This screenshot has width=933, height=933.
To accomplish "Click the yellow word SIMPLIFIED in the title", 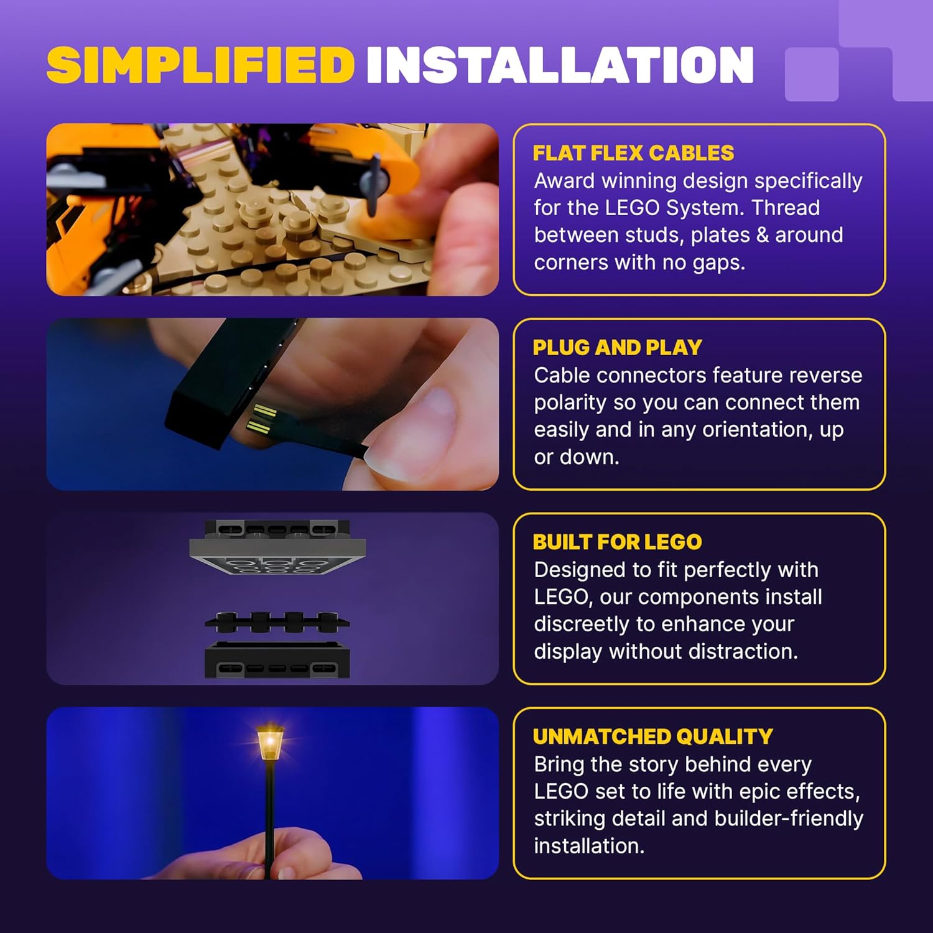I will [200, 65].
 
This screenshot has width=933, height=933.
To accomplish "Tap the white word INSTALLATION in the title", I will [560, 65].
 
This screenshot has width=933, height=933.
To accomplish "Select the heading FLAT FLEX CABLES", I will [633, 153].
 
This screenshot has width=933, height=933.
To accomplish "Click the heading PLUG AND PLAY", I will [617, 348].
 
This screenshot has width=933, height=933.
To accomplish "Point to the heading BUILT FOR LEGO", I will [617, 542].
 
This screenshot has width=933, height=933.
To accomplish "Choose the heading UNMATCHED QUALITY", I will [652, 736].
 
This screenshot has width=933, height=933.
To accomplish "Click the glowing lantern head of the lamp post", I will [270, 742].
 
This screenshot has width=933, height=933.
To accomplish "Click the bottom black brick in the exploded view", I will [277, 661].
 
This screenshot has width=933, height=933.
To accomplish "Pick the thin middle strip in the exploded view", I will [277, 621].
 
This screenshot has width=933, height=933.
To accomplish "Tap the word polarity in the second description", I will [570, 402].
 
